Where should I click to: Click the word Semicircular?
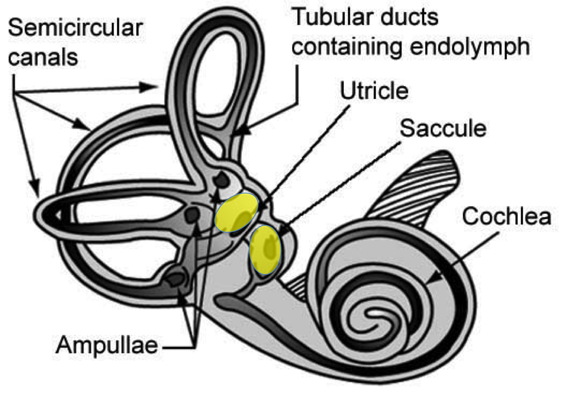pyautogui.click(x=75, y=28)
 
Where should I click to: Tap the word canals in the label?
pyautogui.click(x=43, y=57)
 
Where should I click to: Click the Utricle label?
pyautogui.click(x=374, y=91)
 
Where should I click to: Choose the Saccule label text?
pyautogui.click(x=443, y=128)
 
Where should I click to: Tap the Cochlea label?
pyautogui.click(x=507, y=216)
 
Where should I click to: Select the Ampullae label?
pyautogui.click(x=107, y=345)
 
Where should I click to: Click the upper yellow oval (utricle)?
pyautogui.click(x=237, y=213)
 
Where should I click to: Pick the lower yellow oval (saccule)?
pyautogui.click(x=265, y=250)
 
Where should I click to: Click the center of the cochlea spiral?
pyautogui.click(x=375, y=313)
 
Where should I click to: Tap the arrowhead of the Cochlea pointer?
pyautogui.click(x=435, y=278)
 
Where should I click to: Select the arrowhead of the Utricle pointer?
pyautogui.click(x=262, y=208)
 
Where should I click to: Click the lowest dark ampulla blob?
pyautogui.click(x=175, y=279)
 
